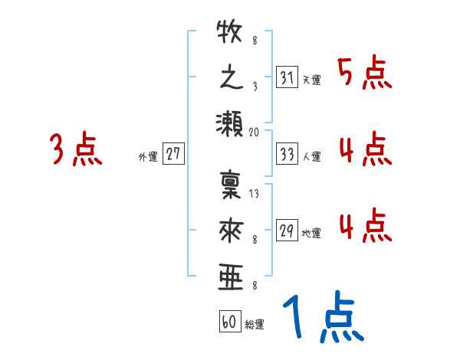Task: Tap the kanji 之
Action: [230, 79]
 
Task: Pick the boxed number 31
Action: [287, 77]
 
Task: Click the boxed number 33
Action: [287, 154]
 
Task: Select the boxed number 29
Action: [287, 231]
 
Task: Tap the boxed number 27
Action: [173, 154]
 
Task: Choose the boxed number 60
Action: [229, 322]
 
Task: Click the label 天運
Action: [312, 80]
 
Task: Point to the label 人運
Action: [312, 156]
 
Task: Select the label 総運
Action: [255, 324]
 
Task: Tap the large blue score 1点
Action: [322, 318]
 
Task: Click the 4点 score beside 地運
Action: [365, 224]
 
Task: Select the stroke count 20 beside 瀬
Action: [255, 132]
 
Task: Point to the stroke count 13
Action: [255, 195]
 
